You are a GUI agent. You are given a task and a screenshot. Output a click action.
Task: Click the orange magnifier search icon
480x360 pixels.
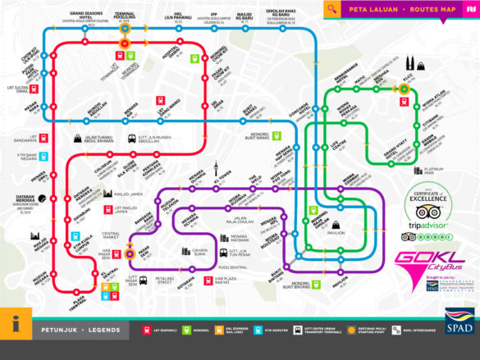331,10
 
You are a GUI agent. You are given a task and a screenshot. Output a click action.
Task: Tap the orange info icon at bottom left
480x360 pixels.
16,324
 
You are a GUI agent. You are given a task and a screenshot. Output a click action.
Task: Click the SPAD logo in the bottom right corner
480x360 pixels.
459,322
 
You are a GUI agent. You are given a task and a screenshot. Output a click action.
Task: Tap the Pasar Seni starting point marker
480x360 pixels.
130,254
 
